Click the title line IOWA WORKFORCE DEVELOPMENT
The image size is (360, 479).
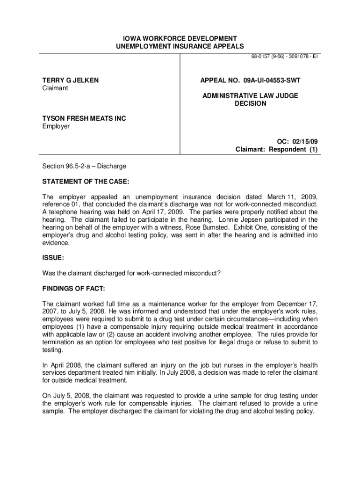180,38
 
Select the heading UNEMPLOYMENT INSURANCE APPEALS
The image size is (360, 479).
180,46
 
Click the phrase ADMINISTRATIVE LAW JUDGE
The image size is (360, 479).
250,96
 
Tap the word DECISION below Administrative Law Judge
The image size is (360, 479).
250,103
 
